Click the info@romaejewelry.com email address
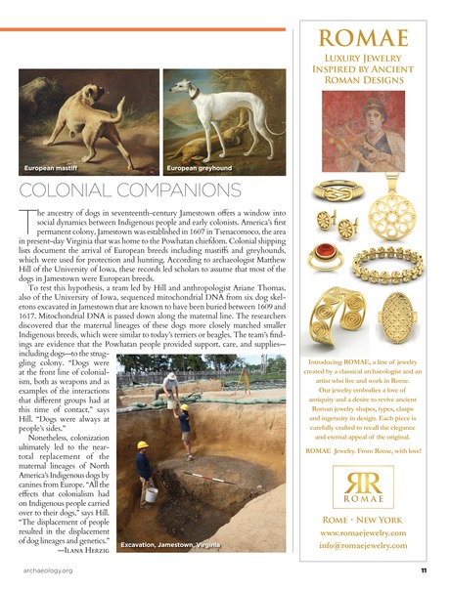pyautogui.click(x=362, y=548)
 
